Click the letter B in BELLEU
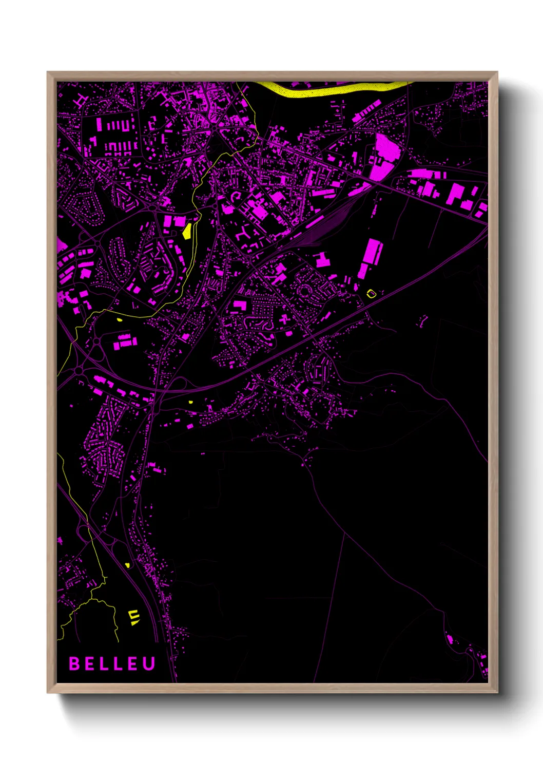pos(74,663)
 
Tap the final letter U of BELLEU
pos(149,663)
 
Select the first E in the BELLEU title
pos(89,663)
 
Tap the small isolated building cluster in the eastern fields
pos(423,320)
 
